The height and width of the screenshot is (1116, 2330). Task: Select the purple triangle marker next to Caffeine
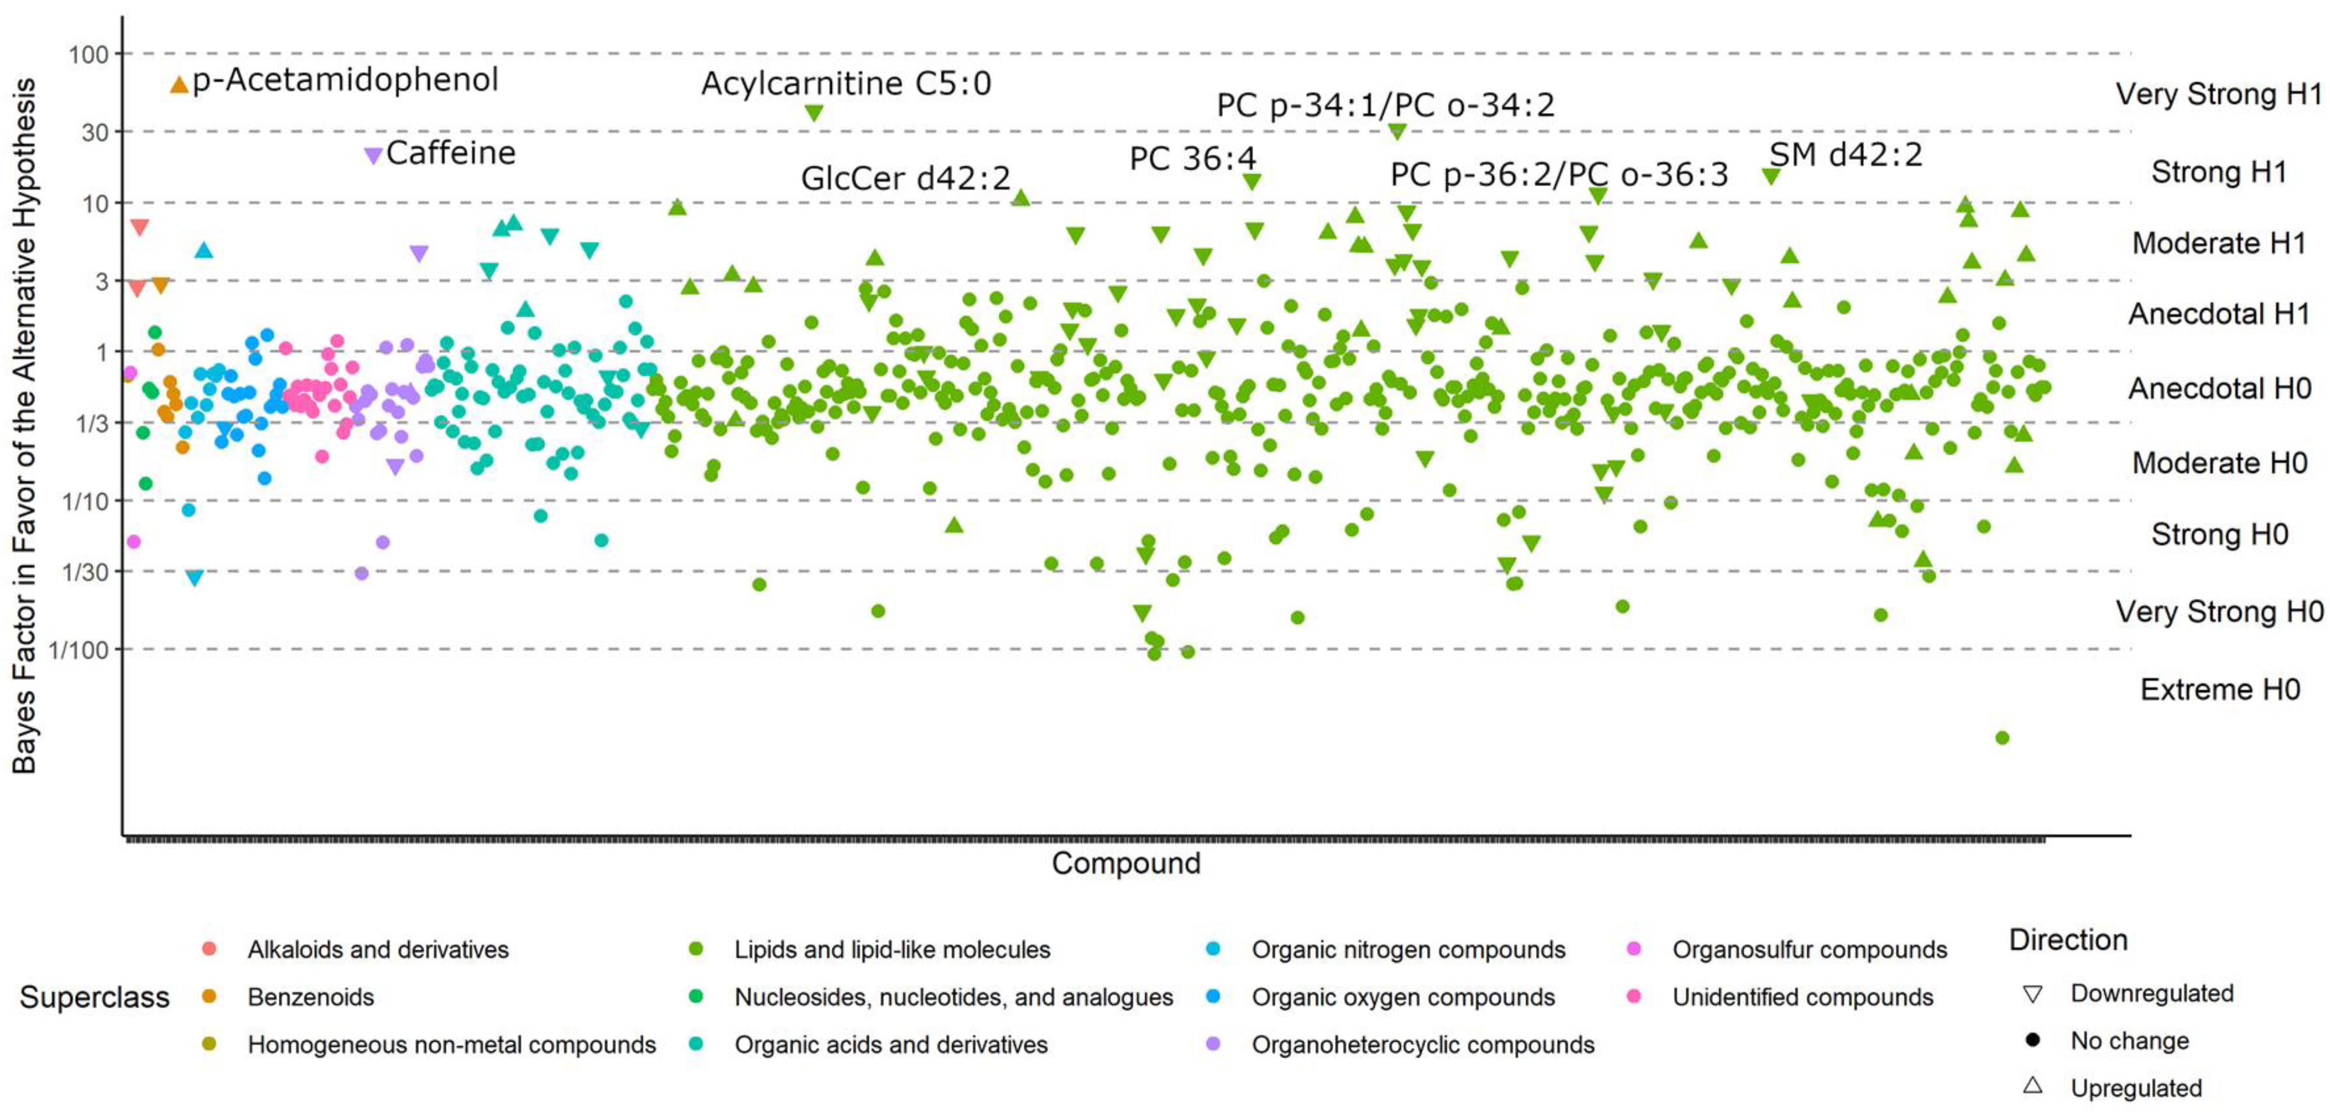click(373, 156)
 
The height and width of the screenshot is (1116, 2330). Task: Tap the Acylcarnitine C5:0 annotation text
click(846, 83)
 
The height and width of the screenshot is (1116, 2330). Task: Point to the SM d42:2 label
click(1845, 155)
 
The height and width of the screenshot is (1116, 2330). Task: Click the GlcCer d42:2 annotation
click(905, 178)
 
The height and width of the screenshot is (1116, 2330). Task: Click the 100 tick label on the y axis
click(89, 54)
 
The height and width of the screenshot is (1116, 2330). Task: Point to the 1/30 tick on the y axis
click(85, 571)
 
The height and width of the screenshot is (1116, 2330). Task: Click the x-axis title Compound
click(1125, 863)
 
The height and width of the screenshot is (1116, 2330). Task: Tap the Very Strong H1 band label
click(2219, 94)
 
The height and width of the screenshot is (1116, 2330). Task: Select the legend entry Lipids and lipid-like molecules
click(891, 950)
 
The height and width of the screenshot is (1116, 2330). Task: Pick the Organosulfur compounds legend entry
click(1809, 950)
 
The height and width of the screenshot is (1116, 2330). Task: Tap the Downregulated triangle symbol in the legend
click(2032, 994)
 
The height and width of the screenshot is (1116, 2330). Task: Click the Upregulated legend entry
click(2136, 1088)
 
